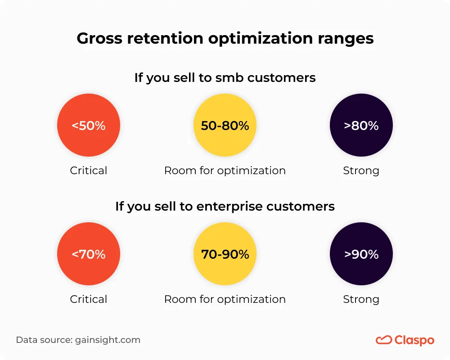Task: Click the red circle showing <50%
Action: pyautogui.click(x=89, y=126)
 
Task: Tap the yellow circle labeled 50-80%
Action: pyautogui.click(x=225, y=126)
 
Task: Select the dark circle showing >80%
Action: pyautogui.click(x=361, y=126)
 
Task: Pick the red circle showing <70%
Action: pyautogui.click(x=89, y=254)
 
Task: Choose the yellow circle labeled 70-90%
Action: pyautogui.click(x=225, y=254)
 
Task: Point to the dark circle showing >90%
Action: pyautogui.click(x=361, y=254)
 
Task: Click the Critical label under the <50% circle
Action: pyautogui.click(x=89, y=171)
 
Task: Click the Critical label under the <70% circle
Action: pyautogui.click(x=89, y=299)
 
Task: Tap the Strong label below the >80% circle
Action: pyautogui.click(x=361, y=171)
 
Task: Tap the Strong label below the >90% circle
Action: pyautogui.click(x=361, y=299)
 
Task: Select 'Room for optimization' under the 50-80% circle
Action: pyautogui.click(x=225, y=171)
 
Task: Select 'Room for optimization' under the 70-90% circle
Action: pyautogui.click(x=225, y=299)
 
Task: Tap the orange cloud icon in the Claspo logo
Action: pyautogui.click(x=383, y=340)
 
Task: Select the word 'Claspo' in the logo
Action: pyautogui.click(x=414, y=340)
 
